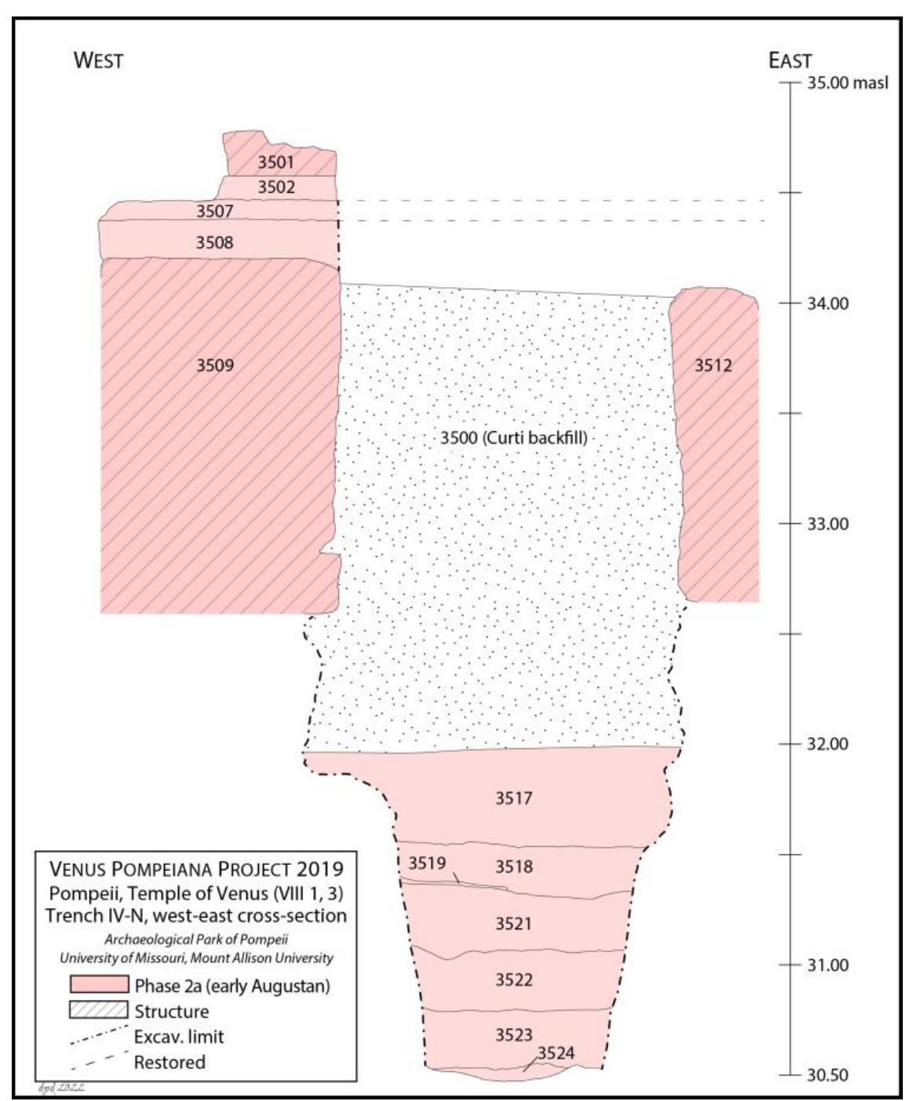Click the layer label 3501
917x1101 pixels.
pyautogui.click(x=275, y=162)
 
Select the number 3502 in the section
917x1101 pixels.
pyautogui.click(x=276, y=187)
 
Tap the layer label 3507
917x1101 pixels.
pyautogui.click(x=214, y=210)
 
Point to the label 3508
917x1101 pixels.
pyautogui.click(x=214, y=242)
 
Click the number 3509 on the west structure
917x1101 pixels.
pyautogui.click(x=214, y=365)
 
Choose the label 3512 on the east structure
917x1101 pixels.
pyautogui.click(x=713, y=365)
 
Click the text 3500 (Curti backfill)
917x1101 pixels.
pyautogui.click(x=512, y=438)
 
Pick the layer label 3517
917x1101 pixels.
pyautogui.click(x=513, y=798)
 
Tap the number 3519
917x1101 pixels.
pyautogui.click(x=427, y=863)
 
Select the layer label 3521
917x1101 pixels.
pyautogui.click(x=513, y=924)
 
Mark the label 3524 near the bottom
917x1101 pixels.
pyautogui.click(x=555, y=1053)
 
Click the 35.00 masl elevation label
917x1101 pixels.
pyautogui.click(x=847, y=83)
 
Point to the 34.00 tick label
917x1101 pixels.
pyautogui.click(x=828, y=304)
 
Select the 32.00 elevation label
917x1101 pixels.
pyautogui.click(x=828, y=744)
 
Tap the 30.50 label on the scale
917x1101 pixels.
pyautogui.click(x=828, y=1075)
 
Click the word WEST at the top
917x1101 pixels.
pyautogui.click(x=98, y=60)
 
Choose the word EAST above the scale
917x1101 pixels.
pyautogui.click(x=790, y=60)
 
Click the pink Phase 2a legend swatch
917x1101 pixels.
pyautogui.click(x=99, y=985)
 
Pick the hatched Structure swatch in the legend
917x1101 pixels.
pyautogui.click(x=99, y=1010)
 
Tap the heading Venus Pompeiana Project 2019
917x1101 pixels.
pyautogui.click(x=196, y=869)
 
